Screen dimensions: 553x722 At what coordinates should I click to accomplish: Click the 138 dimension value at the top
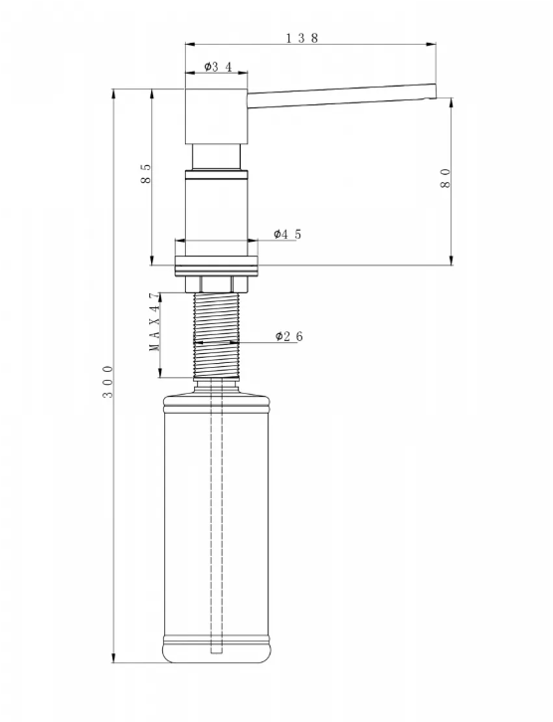(302, 38)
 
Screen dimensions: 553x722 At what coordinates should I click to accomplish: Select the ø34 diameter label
(218, 67)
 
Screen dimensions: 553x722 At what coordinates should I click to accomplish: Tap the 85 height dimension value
(145, 174)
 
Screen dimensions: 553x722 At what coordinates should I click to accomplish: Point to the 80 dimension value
(446, 178)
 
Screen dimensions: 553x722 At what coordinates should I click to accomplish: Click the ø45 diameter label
(287, 234)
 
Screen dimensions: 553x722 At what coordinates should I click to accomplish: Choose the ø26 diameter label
(289, 336)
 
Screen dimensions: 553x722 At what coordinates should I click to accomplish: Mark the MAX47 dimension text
(154, 322)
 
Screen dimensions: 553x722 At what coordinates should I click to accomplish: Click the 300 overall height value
(107, 382)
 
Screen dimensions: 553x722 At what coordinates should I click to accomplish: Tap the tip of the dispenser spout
(435, 90)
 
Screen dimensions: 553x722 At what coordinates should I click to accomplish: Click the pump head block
(217, 115)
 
